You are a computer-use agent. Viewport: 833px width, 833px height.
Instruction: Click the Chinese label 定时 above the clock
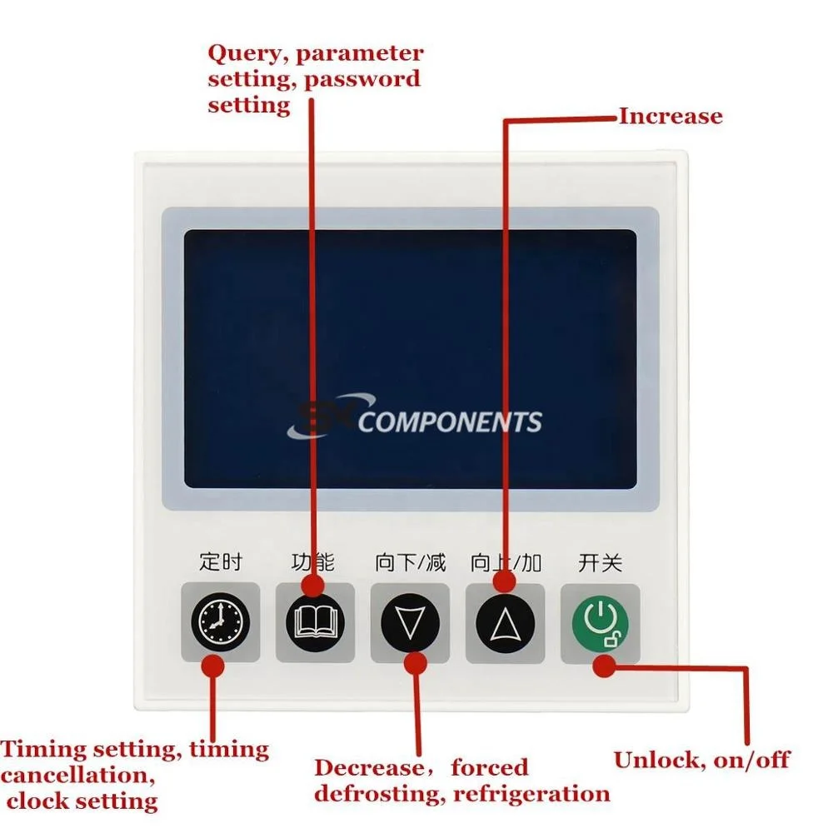pyautogui.click(x=220, y=562)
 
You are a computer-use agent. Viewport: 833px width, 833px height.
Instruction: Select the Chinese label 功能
pyautogui.click(x=313, y=562)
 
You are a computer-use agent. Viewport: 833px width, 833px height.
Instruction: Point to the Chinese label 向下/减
pyautogui.click(x=411, y=563)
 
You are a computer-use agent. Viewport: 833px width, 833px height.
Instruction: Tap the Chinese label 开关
pyautogui.click(x=600, y=563)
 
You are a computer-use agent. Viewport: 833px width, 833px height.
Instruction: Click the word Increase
pyautogui.click(x=670, y=116)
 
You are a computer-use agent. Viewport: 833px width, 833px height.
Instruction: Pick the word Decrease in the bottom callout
pyautogui.click(x=368, y=767)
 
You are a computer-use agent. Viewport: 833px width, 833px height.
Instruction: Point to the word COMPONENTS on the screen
pyautogui.click(x=450, y=422)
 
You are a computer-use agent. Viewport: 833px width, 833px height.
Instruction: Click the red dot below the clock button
pyautogui.click(x=214, y=665)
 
